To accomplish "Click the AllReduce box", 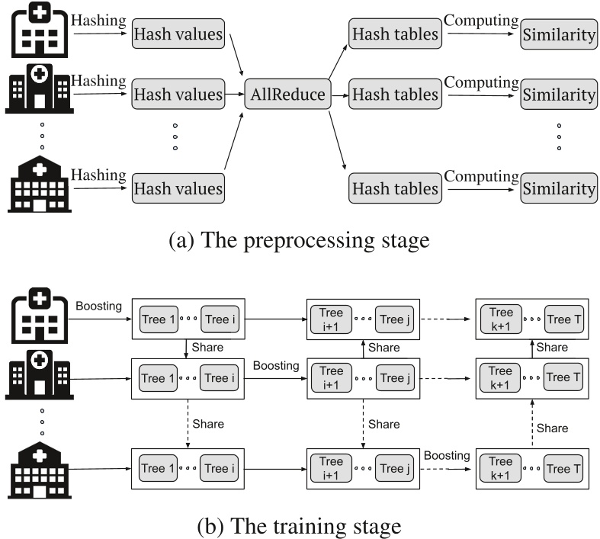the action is pos(287,94).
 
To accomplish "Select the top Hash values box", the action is pos(178,34).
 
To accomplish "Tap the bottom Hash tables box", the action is pos(395,188).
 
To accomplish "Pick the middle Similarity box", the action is pos(559,95).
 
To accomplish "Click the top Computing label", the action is pos(481,21).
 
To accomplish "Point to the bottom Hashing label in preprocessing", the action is pos(98,175).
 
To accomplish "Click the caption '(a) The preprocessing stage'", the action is pos(299,240).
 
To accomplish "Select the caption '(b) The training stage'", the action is pos(299,526).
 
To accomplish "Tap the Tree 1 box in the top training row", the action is pos(159,319).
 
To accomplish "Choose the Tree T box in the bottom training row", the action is pos(563,468).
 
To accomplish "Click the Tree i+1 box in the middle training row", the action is pos(332,378).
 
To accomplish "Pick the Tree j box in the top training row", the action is pos(394,319).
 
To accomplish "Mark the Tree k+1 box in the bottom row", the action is pos(501,468).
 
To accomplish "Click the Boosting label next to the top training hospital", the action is pos(98,306).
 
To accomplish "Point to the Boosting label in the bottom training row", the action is pos(447,456).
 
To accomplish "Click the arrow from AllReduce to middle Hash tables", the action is pos(340,95).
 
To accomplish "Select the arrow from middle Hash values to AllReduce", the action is pos(235,94).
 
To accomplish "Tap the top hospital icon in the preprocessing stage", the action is pos(40,30).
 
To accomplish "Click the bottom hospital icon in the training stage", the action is pos(40,470).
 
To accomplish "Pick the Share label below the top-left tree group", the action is pos(207,348).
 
